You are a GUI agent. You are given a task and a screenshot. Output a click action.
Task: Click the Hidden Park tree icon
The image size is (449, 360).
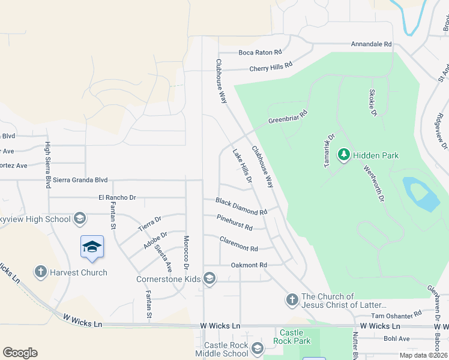click(x=344, y=155)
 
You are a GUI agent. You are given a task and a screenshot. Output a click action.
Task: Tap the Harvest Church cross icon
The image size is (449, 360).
click(x=41, y=272)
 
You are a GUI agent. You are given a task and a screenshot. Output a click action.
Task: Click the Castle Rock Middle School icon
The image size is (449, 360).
click(x=258, y=349)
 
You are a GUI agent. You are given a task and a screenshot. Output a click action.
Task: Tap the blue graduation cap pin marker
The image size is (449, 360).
click(x=92, y=247)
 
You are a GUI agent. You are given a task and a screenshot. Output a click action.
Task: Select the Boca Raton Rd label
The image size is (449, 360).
click(x=260, y=52)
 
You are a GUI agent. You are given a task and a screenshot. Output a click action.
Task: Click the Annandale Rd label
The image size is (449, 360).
click(x=372, y=44)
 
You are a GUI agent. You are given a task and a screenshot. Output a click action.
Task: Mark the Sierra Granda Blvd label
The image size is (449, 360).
click(x=80, y=179)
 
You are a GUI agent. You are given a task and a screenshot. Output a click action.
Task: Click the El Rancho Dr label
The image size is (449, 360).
click(x=118, y=197)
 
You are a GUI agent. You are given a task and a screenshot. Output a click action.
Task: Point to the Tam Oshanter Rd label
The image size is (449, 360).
click(x=396, y=315)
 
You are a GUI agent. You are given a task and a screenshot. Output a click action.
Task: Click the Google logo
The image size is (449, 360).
click(x=20, y=353)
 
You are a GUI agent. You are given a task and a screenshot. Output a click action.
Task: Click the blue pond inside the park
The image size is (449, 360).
click(x=423, y=194)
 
